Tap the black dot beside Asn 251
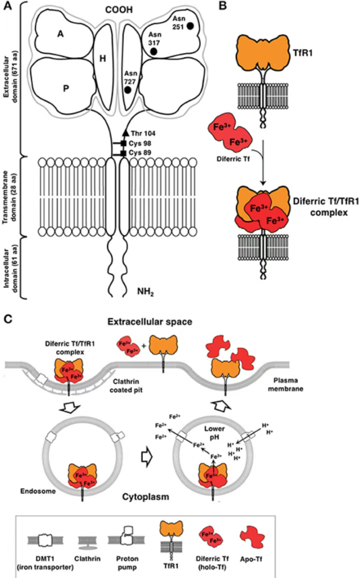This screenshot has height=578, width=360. click(190, 26)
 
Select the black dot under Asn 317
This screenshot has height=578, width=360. click(154, 51)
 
